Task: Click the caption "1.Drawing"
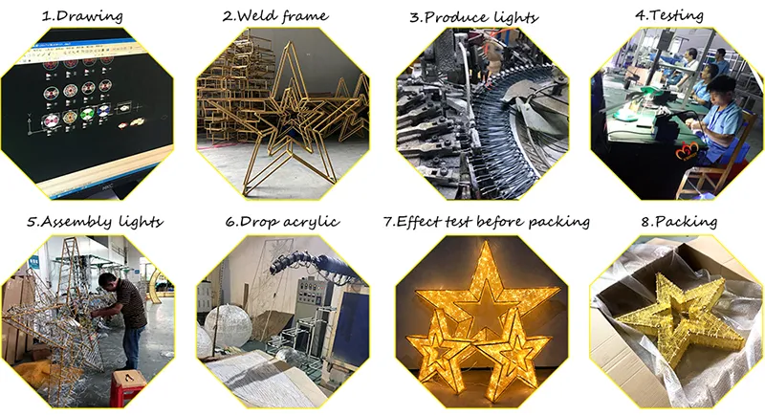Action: [82, 16]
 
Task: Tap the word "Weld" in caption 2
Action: [252, 15]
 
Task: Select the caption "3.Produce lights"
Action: [473, 17]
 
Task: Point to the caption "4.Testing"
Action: [668, 15]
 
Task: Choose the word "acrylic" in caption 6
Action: [312, 223]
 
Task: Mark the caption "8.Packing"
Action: [679, 223]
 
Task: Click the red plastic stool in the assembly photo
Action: [128, 387]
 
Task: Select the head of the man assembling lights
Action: [108, 282]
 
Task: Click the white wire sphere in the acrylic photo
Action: [228, 325]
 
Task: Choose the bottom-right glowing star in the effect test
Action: [512, 350]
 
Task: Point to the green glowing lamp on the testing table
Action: [625, 115]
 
